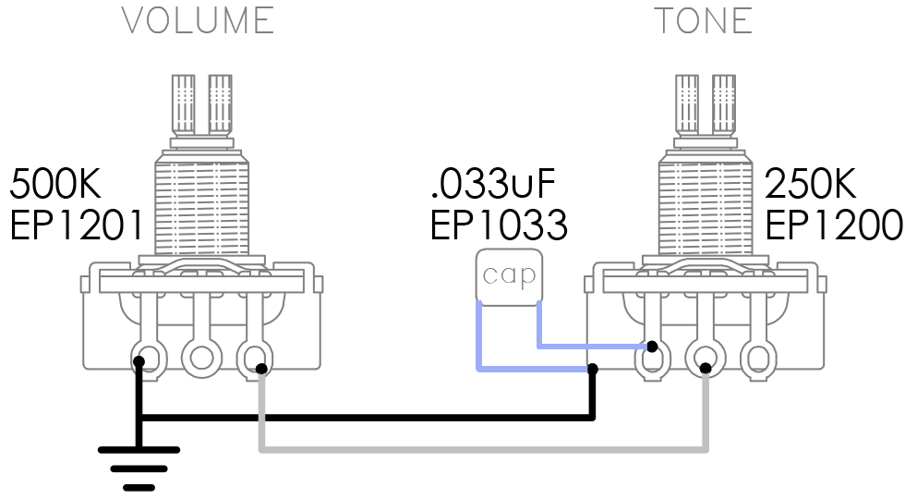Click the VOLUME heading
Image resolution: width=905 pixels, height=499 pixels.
198,20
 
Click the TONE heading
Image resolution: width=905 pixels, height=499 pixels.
703,20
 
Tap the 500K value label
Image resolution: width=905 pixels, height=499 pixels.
55,184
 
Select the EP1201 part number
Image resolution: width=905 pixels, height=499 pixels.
76,225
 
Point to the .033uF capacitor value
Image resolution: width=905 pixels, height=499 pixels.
492,184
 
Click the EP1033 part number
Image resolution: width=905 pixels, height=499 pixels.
499,225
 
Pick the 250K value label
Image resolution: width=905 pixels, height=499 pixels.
811,184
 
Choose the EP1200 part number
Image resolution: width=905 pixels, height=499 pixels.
833,225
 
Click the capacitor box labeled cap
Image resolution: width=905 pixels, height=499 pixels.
509,276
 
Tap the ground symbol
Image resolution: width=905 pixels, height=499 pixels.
139,469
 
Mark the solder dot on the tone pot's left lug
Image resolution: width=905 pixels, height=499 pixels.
652,347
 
